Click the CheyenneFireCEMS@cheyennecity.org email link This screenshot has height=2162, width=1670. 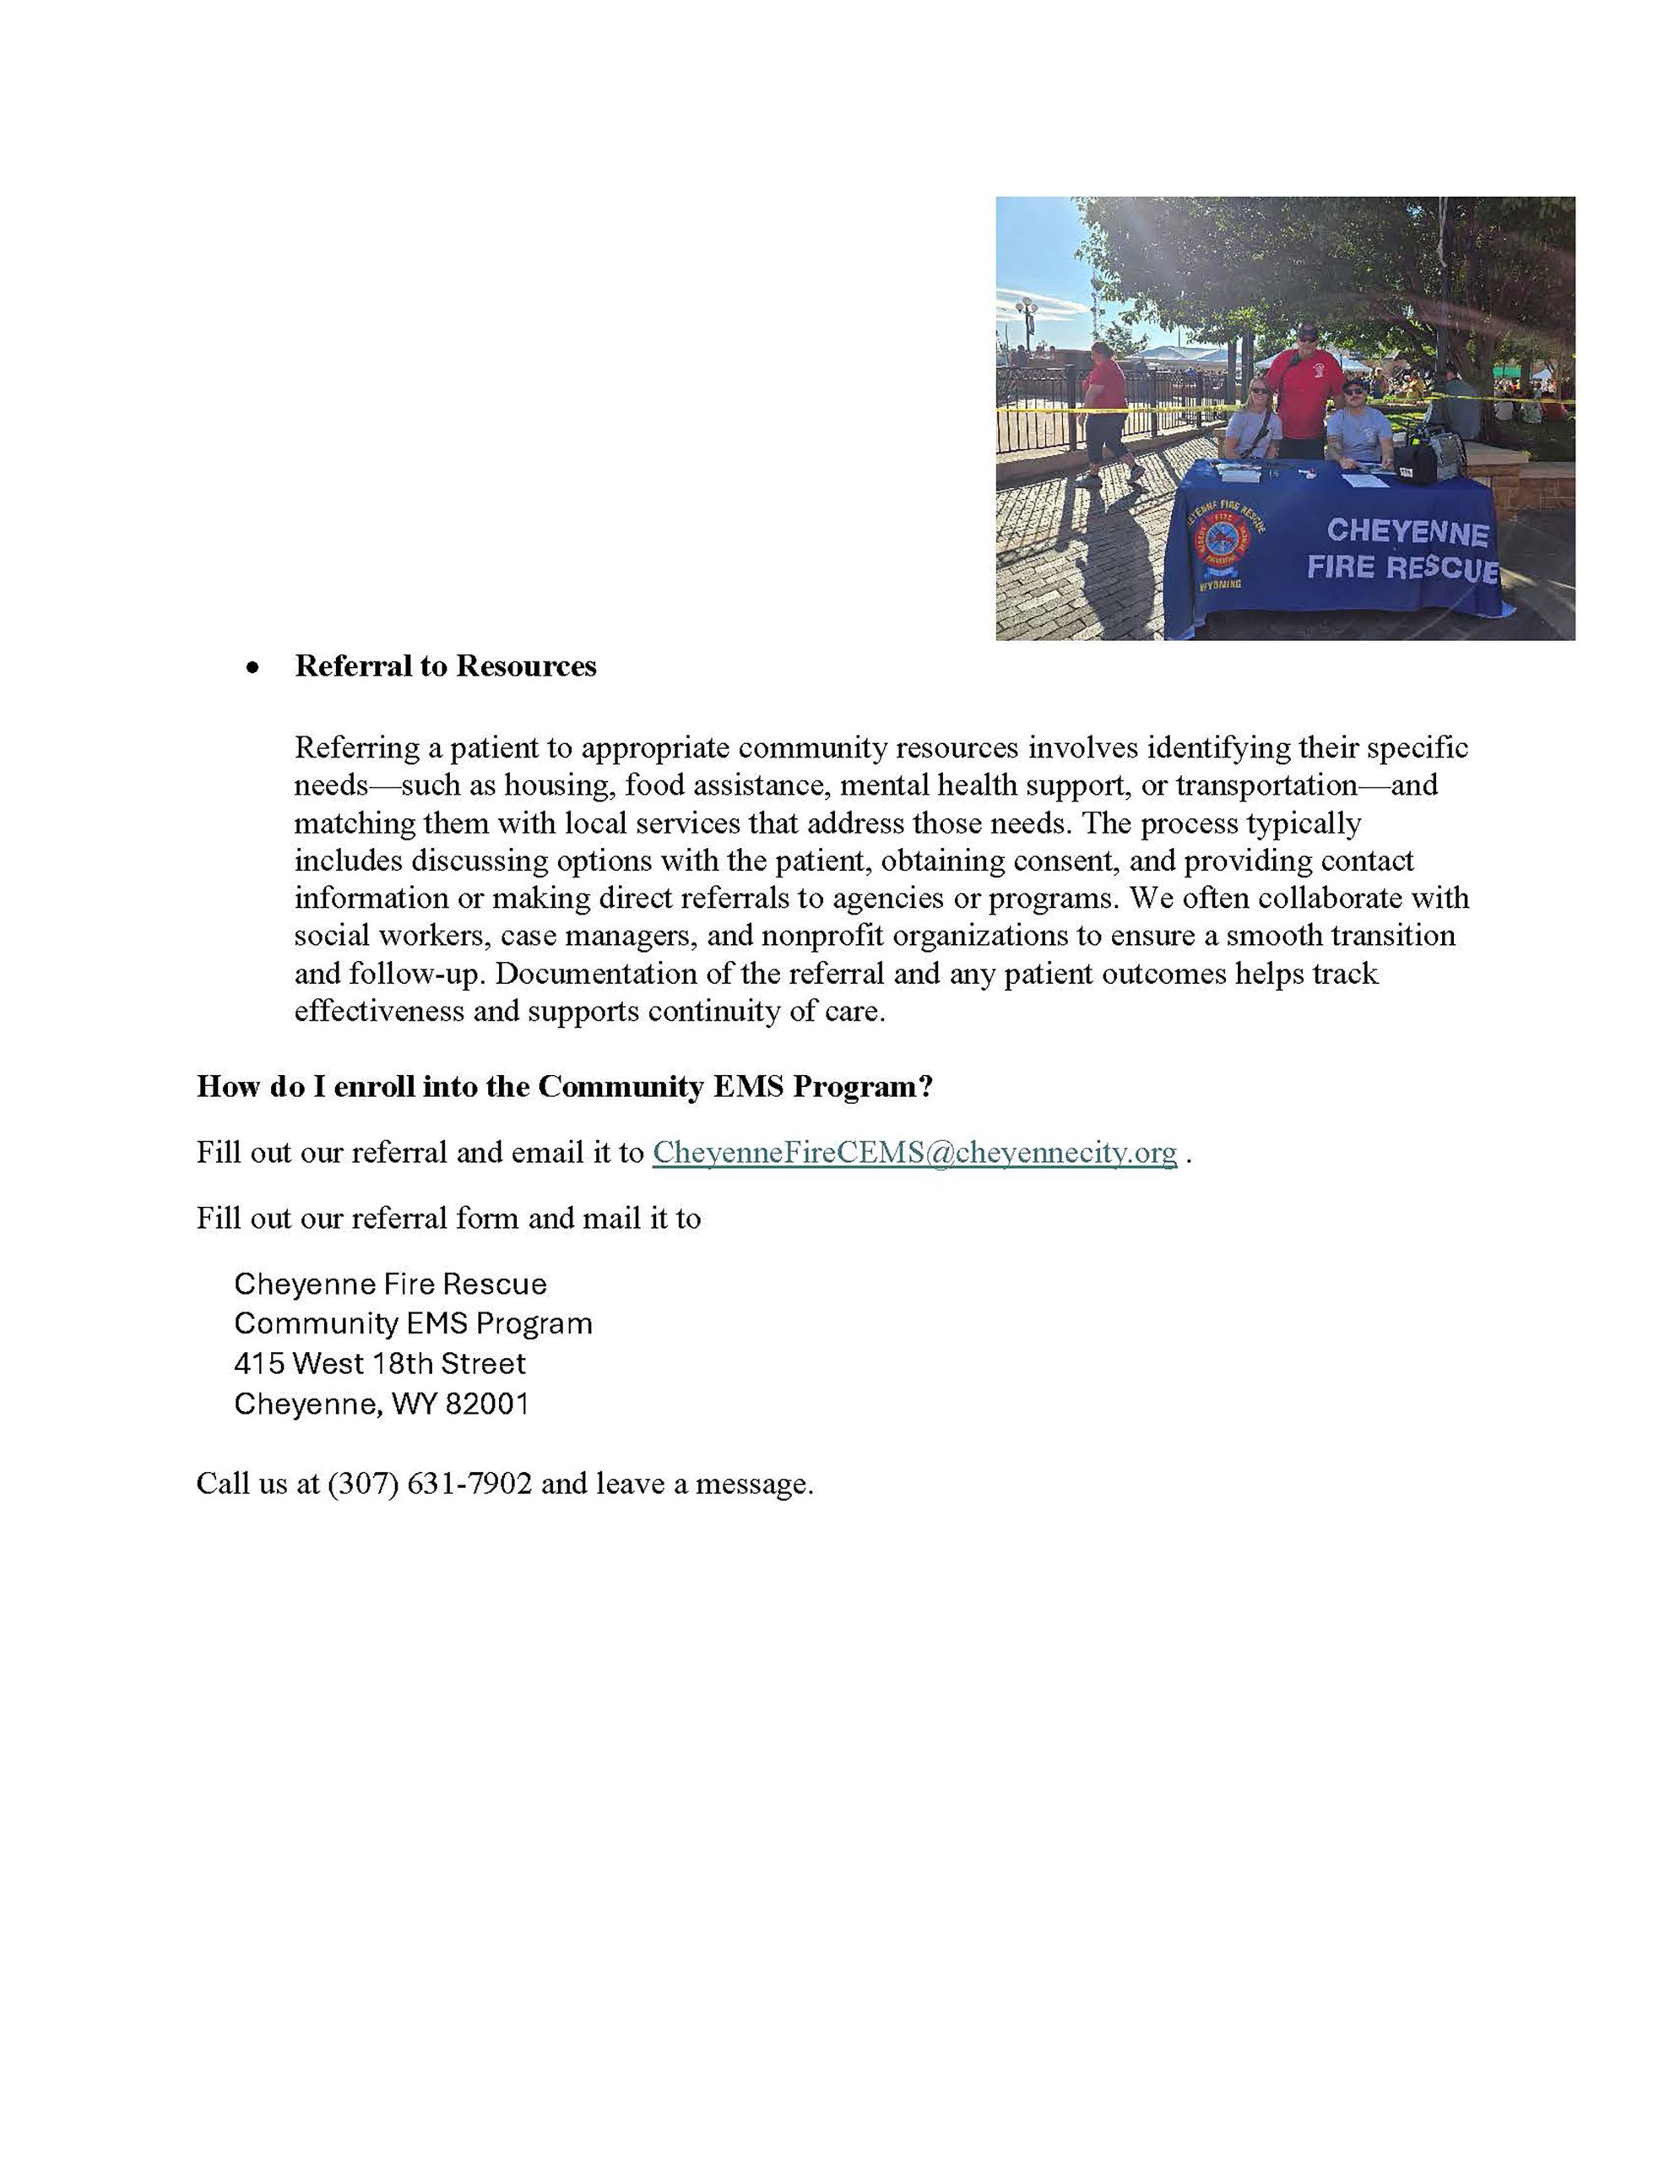point(914,1152)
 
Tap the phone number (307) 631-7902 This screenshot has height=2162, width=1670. point(430,1483)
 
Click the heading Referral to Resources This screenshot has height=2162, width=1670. point(446,666)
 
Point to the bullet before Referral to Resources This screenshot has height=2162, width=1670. point(254,668)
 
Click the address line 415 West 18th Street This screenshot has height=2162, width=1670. point(379,1363)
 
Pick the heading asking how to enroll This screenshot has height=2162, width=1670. point(564,1086)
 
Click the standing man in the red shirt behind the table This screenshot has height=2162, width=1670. point(1304,386)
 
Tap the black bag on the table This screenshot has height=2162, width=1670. point(1417,462)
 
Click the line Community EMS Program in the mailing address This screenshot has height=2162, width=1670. point(413,1323)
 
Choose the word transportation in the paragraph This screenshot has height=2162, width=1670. point(1266,785)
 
